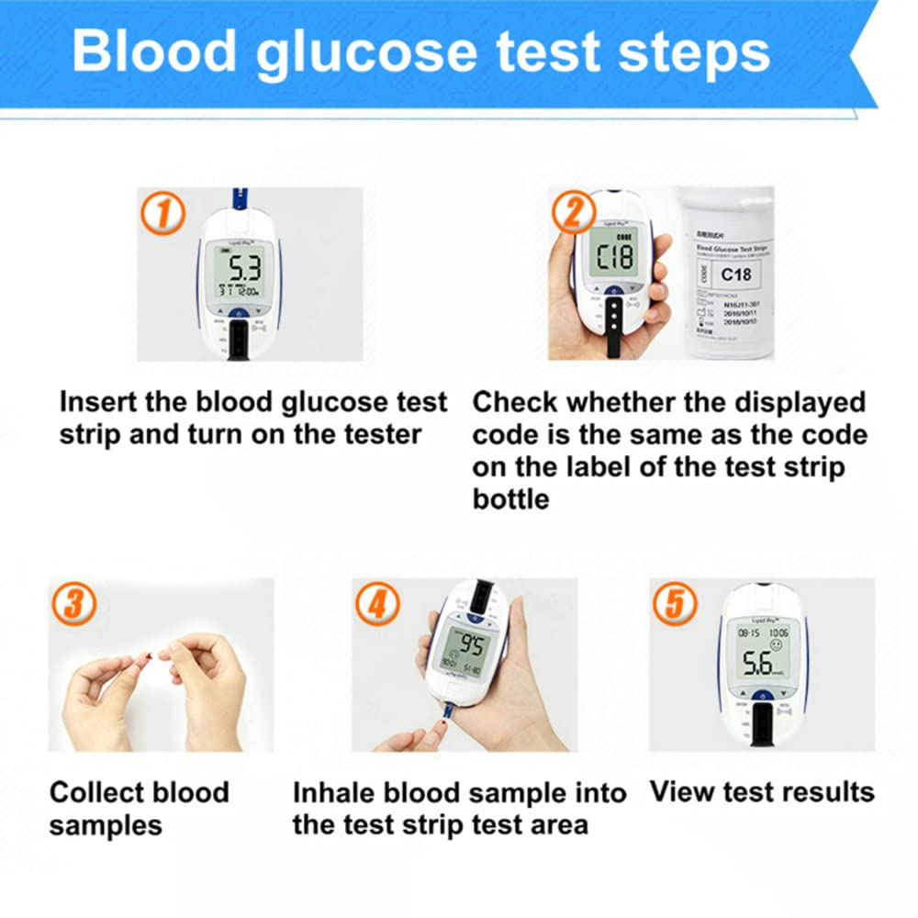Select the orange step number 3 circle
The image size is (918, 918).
click(73, 604)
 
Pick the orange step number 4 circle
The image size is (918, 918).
click(378, 604)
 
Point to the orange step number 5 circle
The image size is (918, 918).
click(675, 604)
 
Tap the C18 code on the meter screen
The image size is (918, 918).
click(613, 256)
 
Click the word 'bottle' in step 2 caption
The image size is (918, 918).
click(510, 499)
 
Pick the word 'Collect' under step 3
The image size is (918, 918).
click(100, 792)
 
